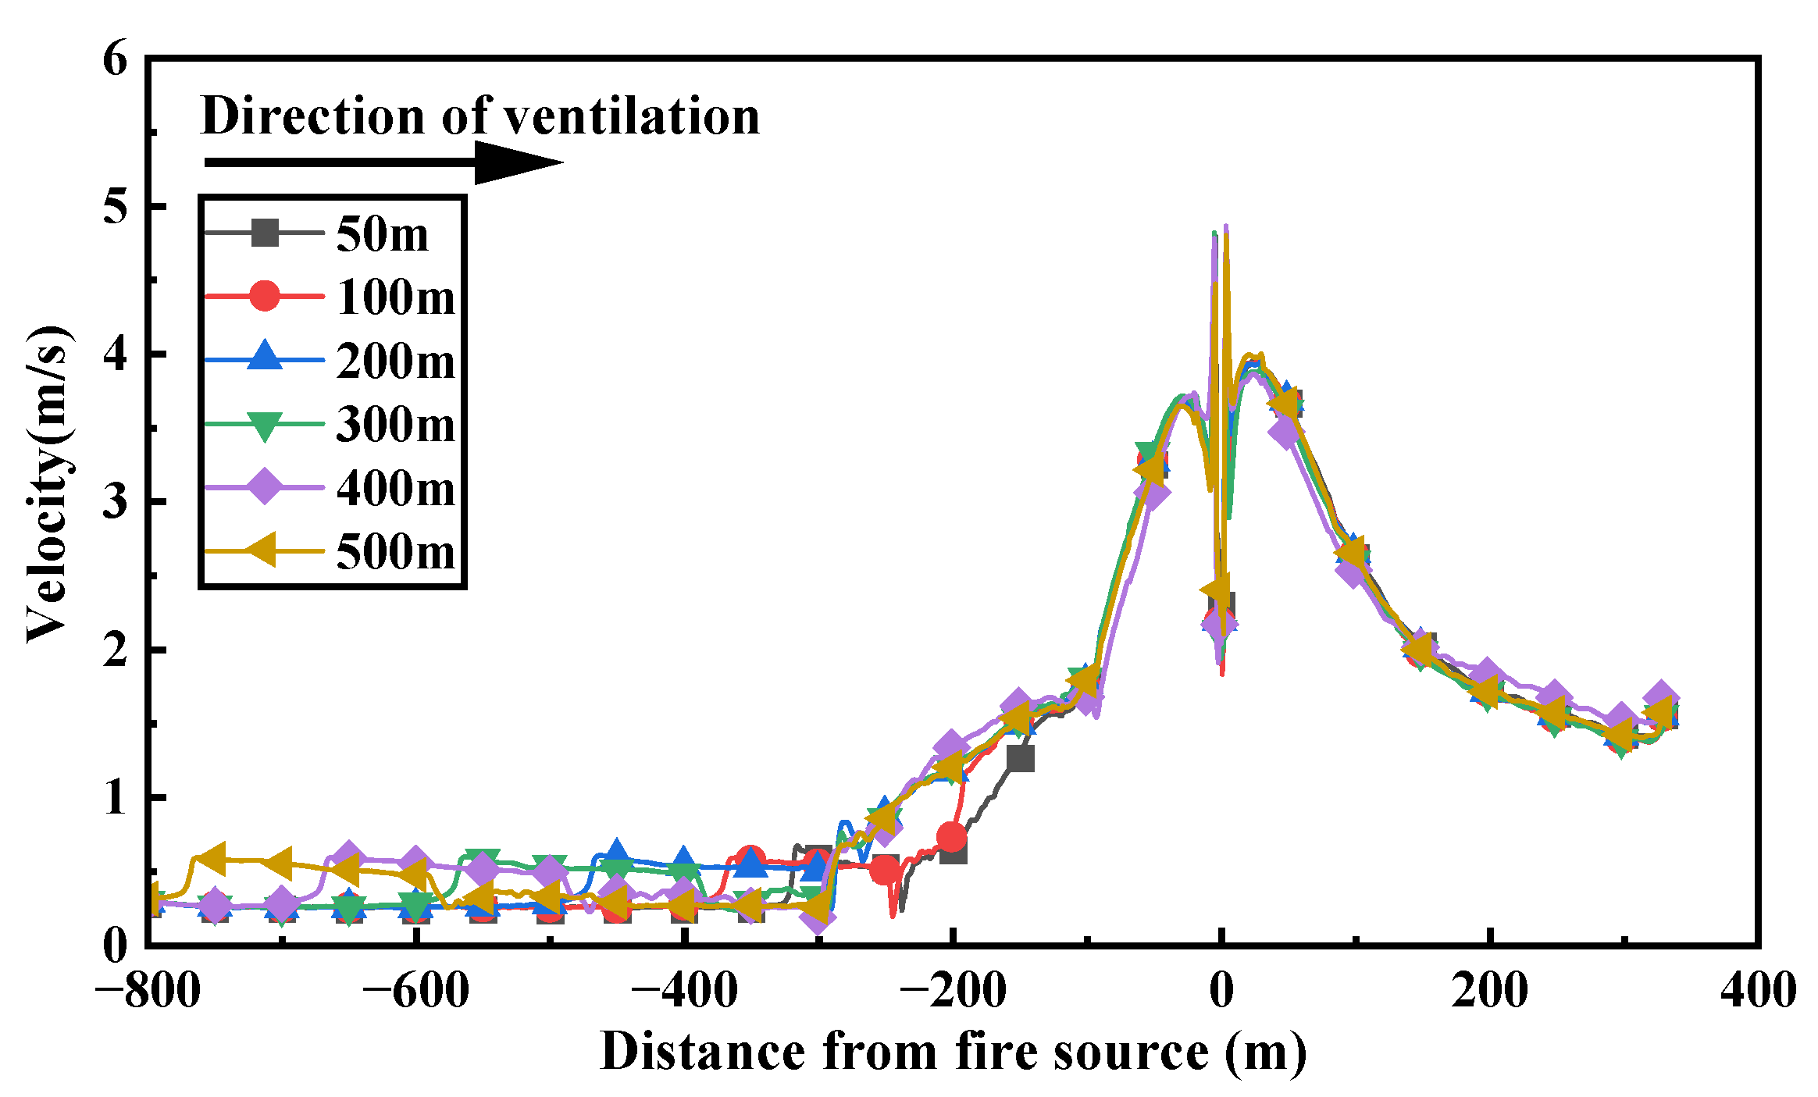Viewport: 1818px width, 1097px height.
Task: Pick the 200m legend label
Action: (x=395, y=362)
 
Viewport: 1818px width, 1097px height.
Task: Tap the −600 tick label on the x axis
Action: (x=415, y=991)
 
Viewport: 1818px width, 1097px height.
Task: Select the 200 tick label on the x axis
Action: (x=1489, y=991)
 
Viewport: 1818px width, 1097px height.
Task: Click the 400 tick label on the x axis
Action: (x=1758, y=991)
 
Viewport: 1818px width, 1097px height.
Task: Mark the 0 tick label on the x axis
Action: (x=1221, y=991)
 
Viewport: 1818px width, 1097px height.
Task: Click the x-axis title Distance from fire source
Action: (x=953, y=1052)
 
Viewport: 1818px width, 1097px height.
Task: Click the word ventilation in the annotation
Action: (x=631, y=116)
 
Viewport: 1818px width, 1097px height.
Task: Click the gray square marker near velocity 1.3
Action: (x=1020, y=757)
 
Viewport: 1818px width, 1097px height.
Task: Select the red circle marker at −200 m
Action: (x=951, y=837)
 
